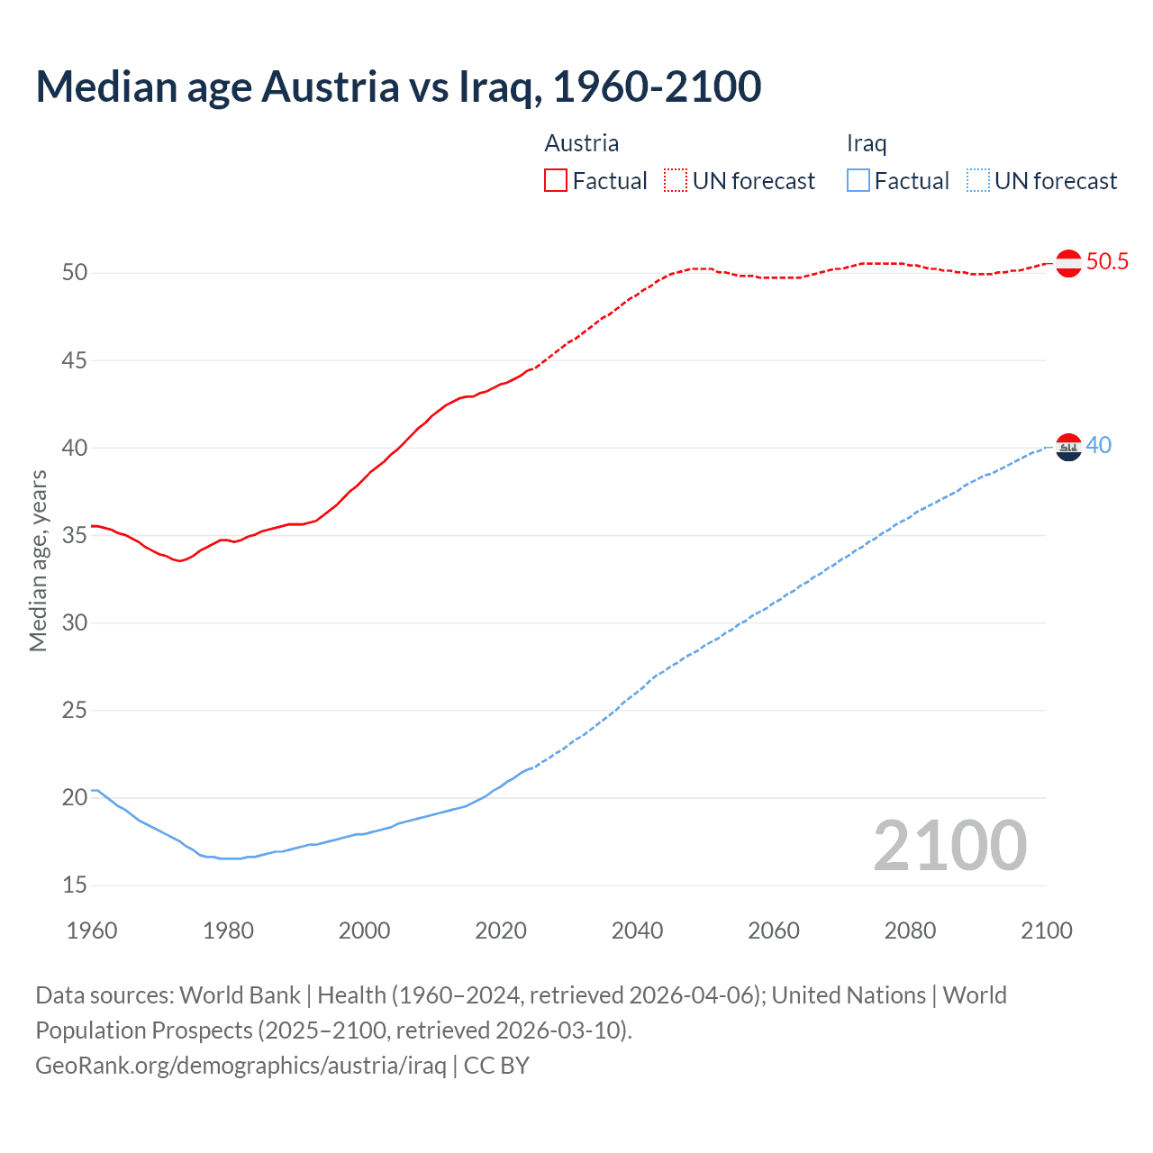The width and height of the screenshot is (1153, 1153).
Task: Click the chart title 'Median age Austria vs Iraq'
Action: click(398, 86)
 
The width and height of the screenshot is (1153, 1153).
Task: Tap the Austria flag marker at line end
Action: click(1068, 263)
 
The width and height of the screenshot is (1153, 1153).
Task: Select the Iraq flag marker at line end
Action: click(1068, 447)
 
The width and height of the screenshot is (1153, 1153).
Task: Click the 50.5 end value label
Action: click(1107, 262)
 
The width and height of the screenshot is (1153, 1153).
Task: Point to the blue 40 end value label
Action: click(1099, 446)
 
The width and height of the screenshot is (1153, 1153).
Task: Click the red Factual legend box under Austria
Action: click(556, 181)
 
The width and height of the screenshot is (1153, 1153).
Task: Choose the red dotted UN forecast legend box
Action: click(676, 181)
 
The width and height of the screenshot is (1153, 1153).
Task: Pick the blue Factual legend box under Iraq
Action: click(858, 181)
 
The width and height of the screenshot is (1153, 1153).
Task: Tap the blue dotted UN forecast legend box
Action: click(978, 181)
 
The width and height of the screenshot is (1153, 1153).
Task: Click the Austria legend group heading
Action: click(582, 143)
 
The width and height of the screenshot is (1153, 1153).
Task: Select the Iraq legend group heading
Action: click(867, 143)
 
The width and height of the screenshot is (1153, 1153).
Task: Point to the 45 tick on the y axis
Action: click(75, 360)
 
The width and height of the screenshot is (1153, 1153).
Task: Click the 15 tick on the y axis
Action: click(75, 885)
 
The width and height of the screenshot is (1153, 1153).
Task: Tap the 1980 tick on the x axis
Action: click(228, 931)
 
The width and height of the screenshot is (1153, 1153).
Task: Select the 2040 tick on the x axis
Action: click(637, 931)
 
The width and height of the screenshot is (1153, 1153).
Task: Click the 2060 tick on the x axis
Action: click(774, 931)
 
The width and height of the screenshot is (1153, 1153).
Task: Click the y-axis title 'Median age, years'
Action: click(38, 560)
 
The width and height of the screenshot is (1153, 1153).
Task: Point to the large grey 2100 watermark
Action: click(949, 845)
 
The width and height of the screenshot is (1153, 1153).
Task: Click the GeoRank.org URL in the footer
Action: click(241, 1066)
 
